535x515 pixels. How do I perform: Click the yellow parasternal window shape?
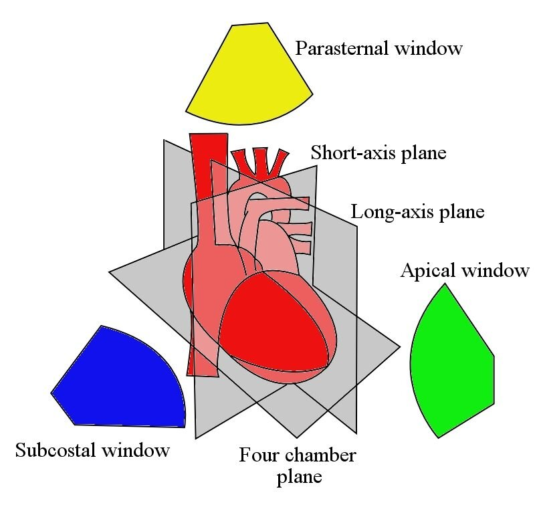tap(247, 77)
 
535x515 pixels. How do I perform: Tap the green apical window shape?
tap(451, 361)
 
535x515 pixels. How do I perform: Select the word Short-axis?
tap(353, 153)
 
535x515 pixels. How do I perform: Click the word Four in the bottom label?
tap(259, 456)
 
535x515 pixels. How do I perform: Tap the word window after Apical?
tap(496, 271)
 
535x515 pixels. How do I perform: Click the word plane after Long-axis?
tap(459, 213)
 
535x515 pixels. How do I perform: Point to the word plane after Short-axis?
tap(422, 153)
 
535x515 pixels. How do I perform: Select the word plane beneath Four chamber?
tap(299, 478)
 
